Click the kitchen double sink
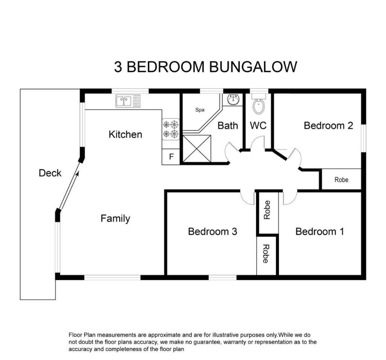(x=128, y=101)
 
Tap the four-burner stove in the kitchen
(x=171, y=129)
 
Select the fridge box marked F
(x=171, y=156)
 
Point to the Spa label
(x=200, y=110)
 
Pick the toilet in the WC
(x=259, y=105)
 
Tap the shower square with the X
(x=197, y=149)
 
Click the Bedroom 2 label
(x=328, y=126)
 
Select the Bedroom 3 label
(x=213, y=231)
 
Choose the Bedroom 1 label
(x=320, y=231)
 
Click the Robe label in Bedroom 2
(x=341, y=180)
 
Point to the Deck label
(x=50, y=173)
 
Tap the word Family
(x=115, y=219)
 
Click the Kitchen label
(x=125, y=135)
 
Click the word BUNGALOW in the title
(x=253, y=67)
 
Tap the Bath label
(x=228, y=126)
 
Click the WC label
(x=258, y=126)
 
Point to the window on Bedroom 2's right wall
(x=364, y=138)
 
